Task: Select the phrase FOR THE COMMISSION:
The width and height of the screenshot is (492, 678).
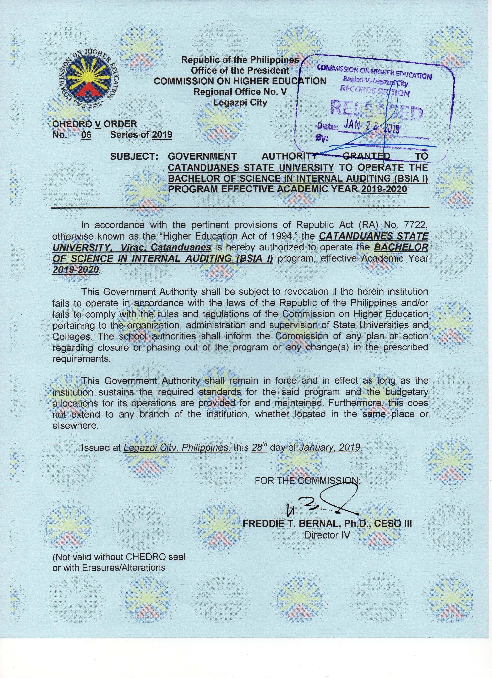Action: pos(308,481)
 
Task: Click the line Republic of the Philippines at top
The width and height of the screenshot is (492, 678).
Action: pos(240,60)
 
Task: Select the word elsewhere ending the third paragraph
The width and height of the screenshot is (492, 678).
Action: pos(75,426)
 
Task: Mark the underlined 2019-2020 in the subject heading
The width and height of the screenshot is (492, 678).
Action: pos(384,190)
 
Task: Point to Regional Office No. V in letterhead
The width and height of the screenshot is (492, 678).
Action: pos(240,92)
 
